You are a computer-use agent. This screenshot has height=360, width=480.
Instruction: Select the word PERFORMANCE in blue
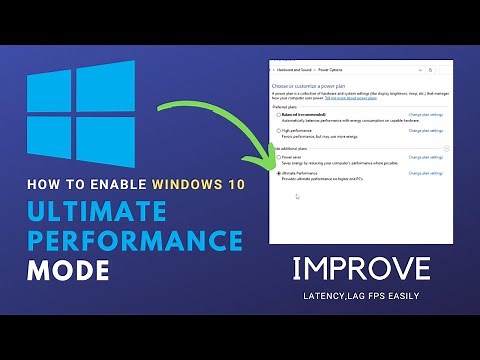coord(135,242)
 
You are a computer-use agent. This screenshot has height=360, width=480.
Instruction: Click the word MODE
coord(69,271)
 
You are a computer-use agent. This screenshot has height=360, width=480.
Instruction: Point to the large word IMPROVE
coord(363,269)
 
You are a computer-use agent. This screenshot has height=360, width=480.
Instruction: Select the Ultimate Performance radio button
coord(278,174)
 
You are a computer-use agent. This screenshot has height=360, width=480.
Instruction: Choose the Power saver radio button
coord(278,158)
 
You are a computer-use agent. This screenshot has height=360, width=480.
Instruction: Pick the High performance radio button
coord(278,130)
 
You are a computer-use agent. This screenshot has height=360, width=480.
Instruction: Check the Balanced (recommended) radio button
coord(278,115)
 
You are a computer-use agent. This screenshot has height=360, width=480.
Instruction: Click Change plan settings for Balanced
coord(425,115)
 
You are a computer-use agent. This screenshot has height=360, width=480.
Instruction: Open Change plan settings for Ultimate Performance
coord(425,174)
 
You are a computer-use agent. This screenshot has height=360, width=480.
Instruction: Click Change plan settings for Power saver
coord(425,158)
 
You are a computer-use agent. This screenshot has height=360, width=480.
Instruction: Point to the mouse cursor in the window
coord(296,196)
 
